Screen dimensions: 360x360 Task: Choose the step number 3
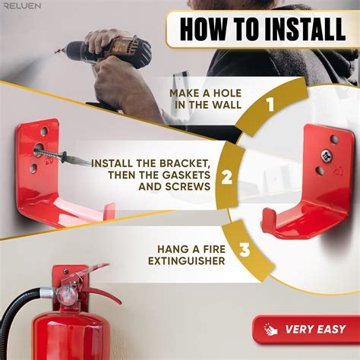(245, 249)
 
